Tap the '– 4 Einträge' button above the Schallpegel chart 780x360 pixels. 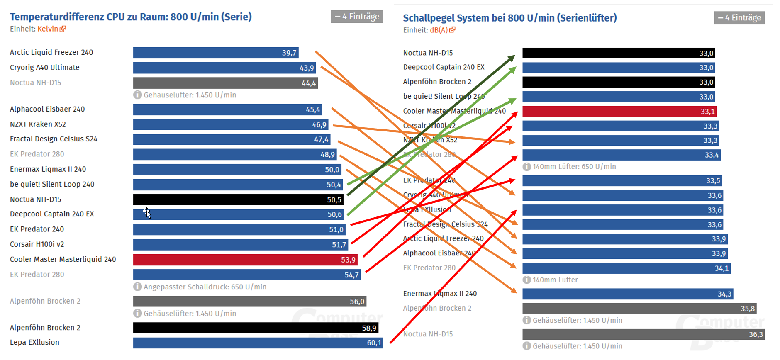[x=739, y=18]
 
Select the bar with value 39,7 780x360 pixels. [x=215, y=53]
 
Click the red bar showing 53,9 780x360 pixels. [x=245, y=260]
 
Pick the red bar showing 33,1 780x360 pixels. [x=619, y=112]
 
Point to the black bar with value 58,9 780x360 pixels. [x=255, y=328]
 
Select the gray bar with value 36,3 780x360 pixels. [x=643, y=335]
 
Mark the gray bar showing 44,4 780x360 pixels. [x=225, y=83]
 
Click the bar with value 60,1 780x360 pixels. [x=258, y=343]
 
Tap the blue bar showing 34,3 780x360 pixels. [x=627, y=294]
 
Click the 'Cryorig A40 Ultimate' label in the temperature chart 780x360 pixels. [x=45, y=68]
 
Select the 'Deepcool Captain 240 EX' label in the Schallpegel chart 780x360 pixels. [x=444, y=67]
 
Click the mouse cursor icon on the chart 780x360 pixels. [x=147, y=212]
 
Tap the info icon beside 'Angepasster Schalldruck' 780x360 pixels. [x=137, y=287]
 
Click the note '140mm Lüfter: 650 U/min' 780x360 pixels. [x=574, y=167]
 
